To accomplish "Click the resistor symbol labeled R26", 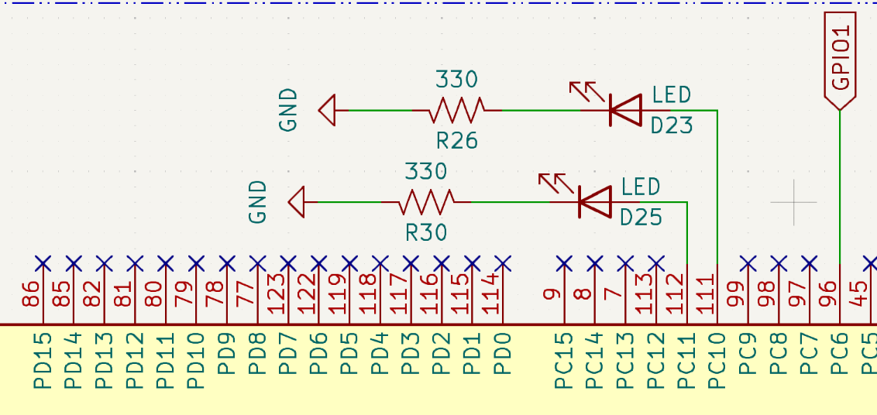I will click(x=457, y=110).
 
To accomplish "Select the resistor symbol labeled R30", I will click(x=426, y=202).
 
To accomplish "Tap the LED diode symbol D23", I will click(x=625, y=110).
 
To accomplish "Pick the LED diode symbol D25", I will click(x=594, y=202).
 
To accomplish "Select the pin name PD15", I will click(x=43, y=360).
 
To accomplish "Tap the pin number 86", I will click(x=31, y=294).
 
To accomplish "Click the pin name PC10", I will click(x=717, y=360).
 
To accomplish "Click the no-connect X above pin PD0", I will click(x=503, y=263).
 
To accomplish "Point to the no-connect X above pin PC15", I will click(x=564, y=263).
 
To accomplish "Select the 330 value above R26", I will click(x=457, y=79).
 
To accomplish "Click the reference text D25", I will click(x=641, y=218).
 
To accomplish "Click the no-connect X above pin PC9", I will click(x=748, y=263).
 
